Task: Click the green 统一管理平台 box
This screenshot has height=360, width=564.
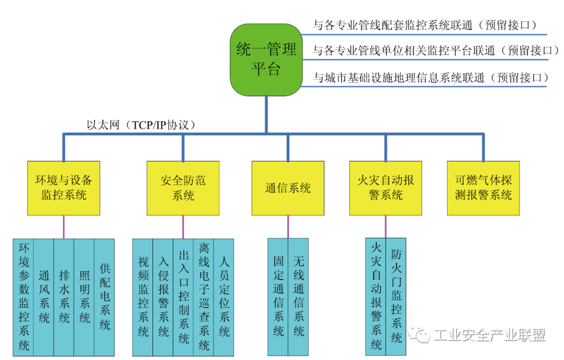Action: click(266, 60)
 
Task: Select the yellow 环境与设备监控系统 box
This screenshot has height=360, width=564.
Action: click(63, 188)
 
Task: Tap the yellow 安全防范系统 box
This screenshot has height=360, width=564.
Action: click(183, 188)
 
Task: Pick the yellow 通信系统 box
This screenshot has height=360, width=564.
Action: click(288, 188)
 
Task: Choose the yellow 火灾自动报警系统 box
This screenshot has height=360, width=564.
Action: click(385, 188)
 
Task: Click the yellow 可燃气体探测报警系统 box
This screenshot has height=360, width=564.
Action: click(484, 188)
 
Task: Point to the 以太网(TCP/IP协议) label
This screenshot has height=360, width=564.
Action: click(141, 125)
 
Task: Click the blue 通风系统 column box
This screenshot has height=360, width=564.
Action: click(44, 297)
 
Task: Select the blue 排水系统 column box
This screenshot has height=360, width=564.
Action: click(64, 297)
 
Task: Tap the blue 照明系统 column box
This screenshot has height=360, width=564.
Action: click(85, 297)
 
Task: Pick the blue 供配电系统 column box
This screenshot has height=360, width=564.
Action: click(104, 297)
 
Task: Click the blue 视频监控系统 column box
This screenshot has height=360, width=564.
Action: click(143, 297)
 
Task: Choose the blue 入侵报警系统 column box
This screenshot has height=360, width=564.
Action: click(163, 297)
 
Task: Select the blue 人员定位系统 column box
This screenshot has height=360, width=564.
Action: click(224, 297)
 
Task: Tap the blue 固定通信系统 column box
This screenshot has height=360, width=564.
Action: click(278, 297)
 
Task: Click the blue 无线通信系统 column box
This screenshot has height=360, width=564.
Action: click(298, 297)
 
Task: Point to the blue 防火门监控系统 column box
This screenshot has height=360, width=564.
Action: click(396, 297)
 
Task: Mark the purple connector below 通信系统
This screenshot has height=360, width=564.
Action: click(288, 227)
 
